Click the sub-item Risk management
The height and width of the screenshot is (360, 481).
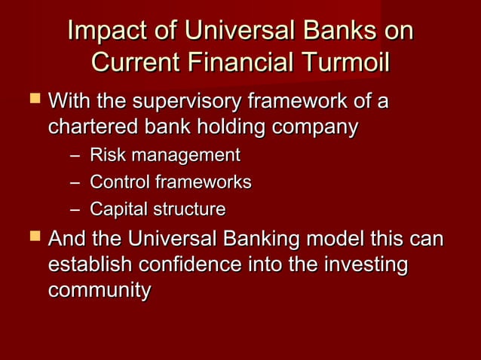tap(164, 156)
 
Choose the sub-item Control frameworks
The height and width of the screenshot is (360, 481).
tap(170, 182)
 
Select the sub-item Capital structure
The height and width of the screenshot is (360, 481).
tap(158, 209)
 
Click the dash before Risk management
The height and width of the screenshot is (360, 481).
tap(72, 157)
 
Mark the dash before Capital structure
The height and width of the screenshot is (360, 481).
tap(72, 209)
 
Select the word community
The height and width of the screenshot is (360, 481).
tap(99, 291)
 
